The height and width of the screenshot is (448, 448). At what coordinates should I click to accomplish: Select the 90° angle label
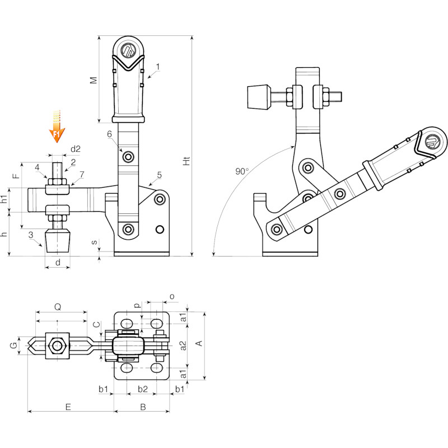[x=242, y=171]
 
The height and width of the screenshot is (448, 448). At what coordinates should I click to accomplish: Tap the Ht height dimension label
[x=186, y=161]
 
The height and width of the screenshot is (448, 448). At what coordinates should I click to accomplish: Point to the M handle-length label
[x=94, y=80]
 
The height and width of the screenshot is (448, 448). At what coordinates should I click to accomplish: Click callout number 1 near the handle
[x=158, y=67]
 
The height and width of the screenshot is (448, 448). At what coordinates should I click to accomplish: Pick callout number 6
[x=109, y=134]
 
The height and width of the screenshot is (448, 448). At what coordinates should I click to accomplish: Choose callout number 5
[x=159, y=175]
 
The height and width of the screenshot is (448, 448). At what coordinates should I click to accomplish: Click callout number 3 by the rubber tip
[x=31, y=235]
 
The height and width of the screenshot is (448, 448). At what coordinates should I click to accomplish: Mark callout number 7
[x=82, y=174]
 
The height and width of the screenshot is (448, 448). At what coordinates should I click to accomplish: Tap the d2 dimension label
[x=76, y=149]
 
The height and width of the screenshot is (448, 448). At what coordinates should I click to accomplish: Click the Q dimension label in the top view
[x=58, y=307]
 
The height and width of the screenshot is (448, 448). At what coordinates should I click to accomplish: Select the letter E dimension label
[x=68, y=407]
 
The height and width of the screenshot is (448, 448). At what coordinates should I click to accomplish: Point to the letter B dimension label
[x=143, y=407]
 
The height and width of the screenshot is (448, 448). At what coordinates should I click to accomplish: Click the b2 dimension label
[x=143, y=389]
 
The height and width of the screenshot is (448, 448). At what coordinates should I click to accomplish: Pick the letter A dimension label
[x=199, y=343]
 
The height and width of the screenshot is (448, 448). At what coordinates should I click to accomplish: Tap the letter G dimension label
[x=13, y=346]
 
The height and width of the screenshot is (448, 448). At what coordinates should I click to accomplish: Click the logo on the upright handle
[x=128, y=49]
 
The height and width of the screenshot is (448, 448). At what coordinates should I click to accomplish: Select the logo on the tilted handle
[x=432, y=142]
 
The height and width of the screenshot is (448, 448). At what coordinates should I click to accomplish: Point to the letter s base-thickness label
[x=94, y=242]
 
